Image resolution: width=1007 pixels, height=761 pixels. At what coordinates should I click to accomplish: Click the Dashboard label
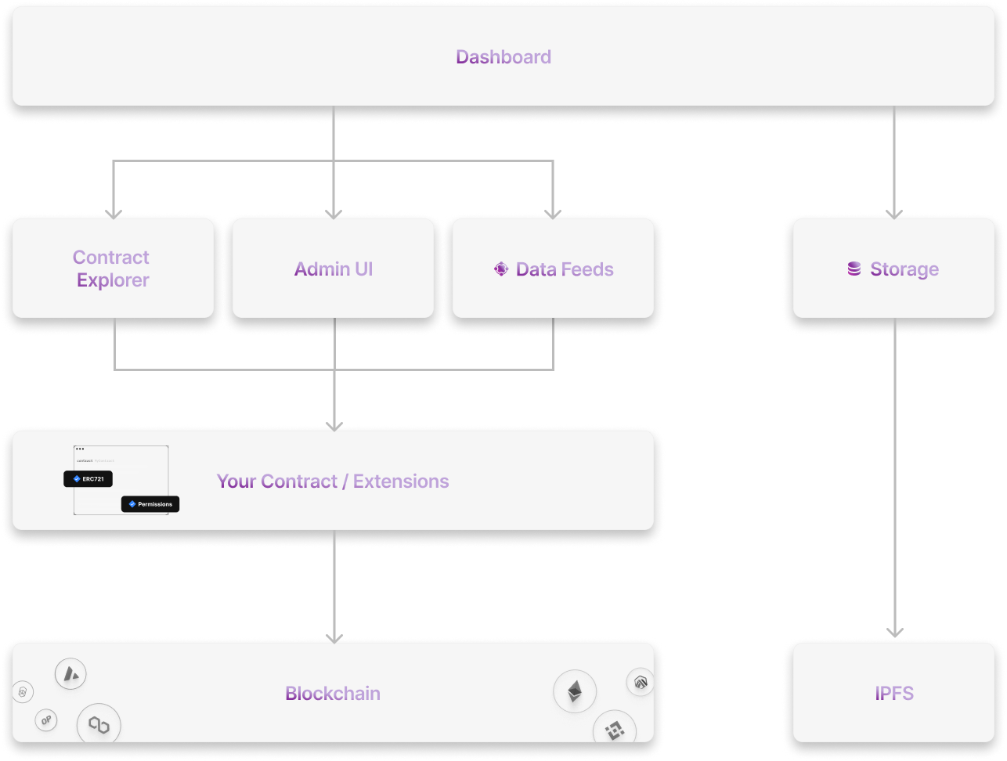coord(503,57)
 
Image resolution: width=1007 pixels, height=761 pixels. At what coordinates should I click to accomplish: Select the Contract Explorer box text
coord(111,269)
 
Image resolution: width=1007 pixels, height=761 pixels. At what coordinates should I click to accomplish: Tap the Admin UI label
coord(334,269)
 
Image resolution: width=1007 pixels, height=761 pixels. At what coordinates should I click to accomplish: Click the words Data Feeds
coord(565,269)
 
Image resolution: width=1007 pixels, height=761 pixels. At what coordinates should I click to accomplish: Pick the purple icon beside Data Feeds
coord(501,269)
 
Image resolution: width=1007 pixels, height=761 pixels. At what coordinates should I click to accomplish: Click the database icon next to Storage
coord(854,269)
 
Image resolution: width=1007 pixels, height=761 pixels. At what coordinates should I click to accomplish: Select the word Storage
coord(904,269)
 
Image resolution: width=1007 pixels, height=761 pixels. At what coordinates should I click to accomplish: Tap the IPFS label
coord(894,694)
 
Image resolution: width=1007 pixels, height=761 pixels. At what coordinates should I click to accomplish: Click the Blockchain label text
coord(333,694)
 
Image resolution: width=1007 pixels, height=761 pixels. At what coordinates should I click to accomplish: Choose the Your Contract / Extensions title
coord(333,481)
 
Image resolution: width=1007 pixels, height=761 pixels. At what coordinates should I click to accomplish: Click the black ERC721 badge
coord(88,478)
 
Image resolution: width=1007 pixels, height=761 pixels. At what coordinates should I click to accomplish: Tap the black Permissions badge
coord(150,504)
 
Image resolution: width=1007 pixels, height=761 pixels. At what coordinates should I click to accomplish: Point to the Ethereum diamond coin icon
coord(575,691)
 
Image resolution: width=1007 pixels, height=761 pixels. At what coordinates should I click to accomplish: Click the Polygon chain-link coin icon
coord(99,725)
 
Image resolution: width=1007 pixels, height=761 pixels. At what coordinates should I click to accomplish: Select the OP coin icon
coord(46,721)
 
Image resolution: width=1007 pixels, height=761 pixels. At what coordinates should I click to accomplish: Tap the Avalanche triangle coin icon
coord(70,673)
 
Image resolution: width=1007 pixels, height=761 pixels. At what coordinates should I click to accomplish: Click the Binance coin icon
coord(613,730)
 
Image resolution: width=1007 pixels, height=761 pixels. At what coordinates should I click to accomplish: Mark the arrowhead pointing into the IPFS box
coord(894,633)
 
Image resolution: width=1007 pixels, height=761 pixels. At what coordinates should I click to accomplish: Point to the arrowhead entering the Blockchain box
coord(334,637)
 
